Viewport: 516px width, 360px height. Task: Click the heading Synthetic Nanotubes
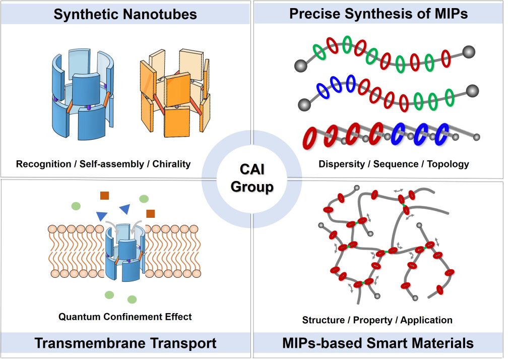pos(125,14)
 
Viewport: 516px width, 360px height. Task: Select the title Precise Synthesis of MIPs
pos(378,14)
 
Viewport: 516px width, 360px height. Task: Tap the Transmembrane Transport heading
pos(125,343)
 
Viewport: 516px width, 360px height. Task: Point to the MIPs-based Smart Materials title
pos(378,343)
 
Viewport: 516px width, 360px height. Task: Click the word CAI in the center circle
pos(252,169)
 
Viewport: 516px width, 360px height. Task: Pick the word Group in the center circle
pos(252,187)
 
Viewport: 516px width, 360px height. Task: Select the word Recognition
pos(43,164)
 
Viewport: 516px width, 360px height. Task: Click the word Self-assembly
pos(112,164)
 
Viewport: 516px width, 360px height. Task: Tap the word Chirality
pos(171,164)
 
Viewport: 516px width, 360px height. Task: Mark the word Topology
pos(448,164)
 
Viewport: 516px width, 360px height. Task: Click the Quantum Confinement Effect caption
pos(125,317)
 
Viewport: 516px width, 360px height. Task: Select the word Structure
pos(323,320)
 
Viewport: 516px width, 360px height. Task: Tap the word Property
pos(372,320)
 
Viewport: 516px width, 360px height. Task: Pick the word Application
pos(426,320)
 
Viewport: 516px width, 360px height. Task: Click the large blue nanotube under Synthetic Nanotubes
pos(83,94)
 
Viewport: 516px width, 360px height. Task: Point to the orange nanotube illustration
pos(175,93)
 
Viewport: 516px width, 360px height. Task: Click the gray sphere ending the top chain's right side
pos(469,52)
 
